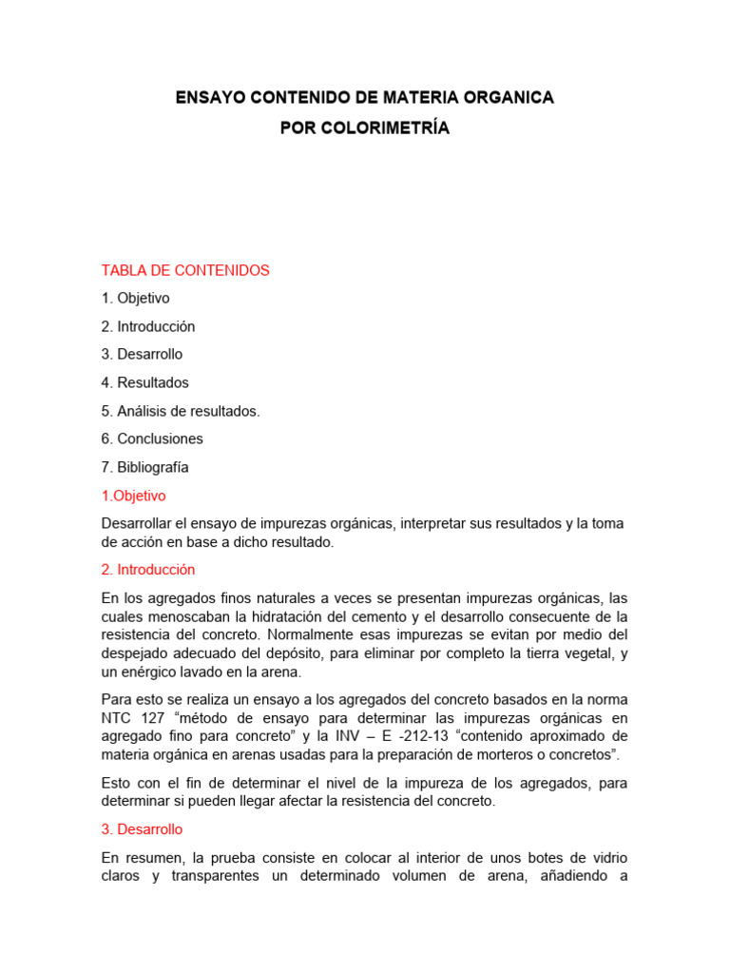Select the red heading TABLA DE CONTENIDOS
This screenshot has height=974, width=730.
click(185, 270)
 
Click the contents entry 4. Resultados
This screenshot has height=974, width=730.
click(144, 382)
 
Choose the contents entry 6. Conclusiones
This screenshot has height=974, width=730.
click(152, 438)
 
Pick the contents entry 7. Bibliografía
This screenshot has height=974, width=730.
click(144, 467)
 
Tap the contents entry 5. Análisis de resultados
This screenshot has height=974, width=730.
click(180, 411)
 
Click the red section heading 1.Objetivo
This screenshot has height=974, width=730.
click(133, 496)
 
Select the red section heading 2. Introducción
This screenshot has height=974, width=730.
click(147, 570)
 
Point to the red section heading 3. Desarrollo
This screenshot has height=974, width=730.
click(142, 829)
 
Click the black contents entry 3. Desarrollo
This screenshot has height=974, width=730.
click(142, 354)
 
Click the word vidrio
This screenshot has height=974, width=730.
click(606, 857)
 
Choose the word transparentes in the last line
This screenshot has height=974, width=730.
click(206, 876)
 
